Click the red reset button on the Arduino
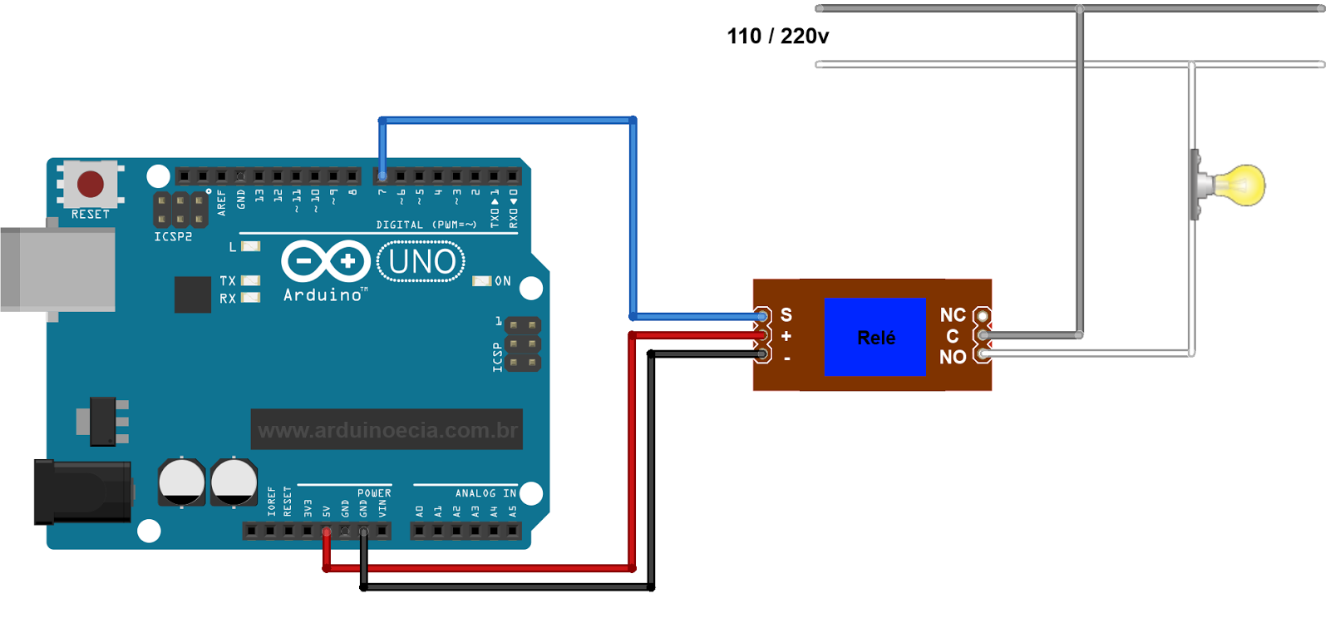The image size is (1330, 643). tap(91, 184)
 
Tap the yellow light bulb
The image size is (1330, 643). tap(1241, 185)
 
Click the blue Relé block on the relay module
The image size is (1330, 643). tap(874, 337)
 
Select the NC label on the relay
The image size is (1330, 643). tap(953, 315)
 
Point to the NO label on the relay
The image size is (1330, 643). tap(953, 357)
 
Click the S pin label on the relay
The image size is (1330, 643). tap(786, 315)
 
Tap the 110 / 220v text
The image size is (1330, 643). tap(777, 37)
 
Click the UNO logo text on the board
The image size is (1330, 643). tap(421, 262)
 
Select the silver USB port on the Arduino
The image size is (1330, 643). tap(58, 270)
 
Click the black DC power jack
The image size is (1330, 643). tap(81, 492)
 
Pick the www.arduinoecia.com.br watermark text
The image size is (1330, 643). tap(387, 430)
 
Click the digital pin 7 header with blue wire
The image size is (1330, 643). tap(382, 176)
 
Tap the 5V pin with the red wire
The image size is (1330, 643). tap(326, 531)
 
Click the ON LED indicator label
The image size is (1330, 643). tap(502, 281)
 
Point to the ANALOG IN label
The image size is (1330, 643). tap(485, 493)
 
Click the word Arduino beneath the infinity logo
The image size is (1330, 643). tap(323, 295)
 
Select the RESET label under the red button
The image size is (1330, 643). tap(91, 215)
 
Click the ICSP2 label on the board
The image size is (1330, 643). tap(173, 237)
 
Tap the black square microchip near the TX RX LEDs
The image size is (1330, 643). tap(192, 294)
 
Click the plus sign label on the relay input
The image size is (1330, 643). tap(786, 336)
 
